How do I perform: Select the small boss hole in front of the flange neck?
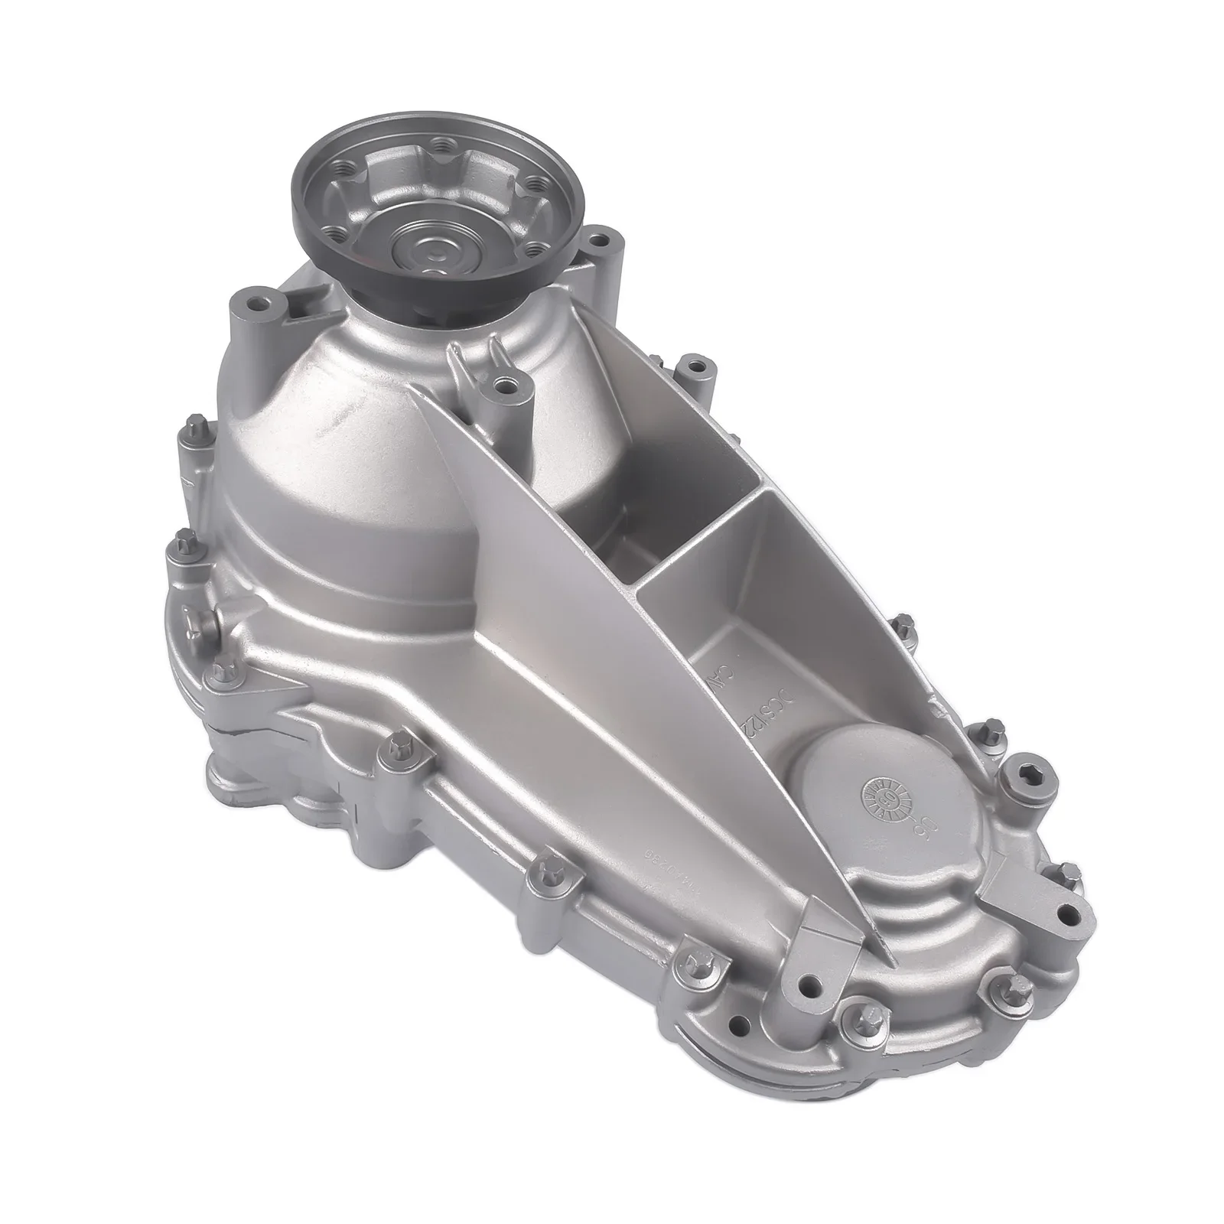pos(503,380)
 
